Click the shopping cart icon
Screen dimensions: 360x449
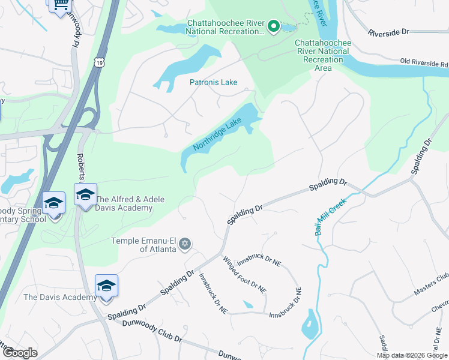click(x=59, y=5)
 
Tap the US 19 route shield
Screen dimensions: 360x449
click(x=100, y=62)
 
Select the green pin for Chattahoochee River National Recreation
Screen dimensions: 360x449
click(x=273, y=26)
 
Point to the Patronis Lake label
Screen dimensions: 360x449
click(x=214, y=82)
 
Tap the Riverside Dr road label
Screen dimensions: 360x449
click(x=388, y=32)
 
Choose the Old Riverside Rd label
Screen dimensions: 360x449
click(x=424, y=62)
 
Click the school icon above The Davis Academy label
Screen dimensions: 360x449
click(x=106, y=286)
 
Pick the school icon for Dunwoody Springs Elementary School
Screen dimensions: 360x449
click(x=53, y=203)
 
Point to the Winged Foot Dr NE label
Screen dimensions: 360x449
click(x=244, y=274)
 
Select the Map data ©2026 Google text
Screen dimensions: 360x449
click(x=412, y=355)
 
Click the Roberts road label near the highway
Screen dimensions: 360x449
click(x=80, y=167)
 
